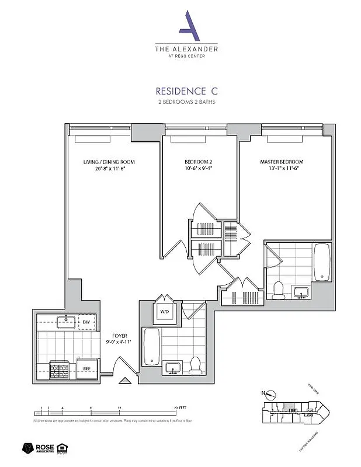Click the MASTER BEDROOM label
click(283, 162)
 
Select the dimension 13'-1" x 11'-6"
click(283, 169)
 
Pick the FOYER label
click(120, 336)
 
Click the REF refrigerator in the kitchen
click(85, 368)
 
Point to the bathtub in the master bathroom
click(321, 262)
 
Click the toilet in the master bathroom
click(279, 290)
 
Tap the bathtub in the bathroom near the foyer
click(151, 346)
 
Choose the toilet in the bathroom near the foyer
click(195, 365)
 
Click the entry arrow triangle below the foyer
click(124, 382)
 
